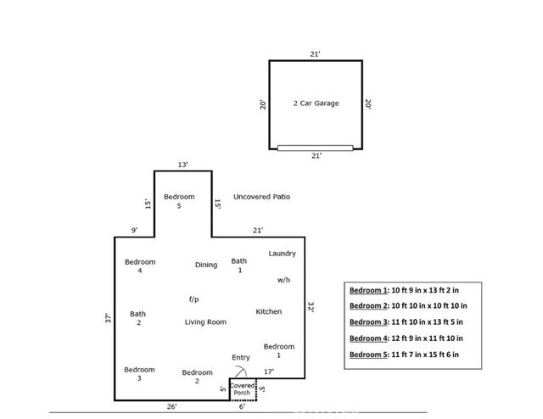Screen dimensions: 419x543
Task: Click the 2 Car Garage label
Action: tap(316, 103)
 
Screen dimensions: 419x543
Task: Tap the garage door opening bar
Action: tap(316, 148)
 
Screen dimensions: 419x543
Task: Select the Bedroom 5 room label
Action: tap(179, 202)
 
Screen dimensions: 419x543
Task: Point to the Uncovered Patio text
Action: tap(262, 197)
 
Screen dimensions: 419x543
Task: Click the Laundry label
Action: tap(282, 254)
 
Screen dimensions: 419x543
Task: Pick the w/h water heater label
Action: tap(283, 279)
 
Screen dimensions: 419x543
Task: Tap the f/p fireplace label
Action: tap(193, 299)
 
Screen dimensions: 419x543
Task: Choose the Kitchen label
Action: tap(269, 312)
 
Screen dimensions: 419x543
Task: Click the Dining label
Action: tap(206, 265)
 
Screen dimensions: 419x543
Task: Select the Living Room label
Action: tap(205, 322)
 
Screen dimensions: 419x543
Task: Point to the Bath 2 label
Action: tap(137, 319)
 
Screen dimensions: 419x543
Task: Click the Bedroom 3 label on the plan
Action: tap(139, 374)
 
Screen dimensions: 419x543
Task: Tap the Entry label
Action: tap(241, 358)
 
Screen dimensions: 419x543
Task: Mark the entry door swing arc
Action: tap(243, 372)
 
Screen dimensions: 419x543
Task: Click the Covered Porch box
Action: tap(242, 389)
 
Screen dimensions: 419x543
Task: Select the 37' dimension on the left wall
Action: tap(108, 320)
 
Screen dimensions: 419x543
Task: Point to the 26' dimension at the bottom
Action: tap(171, 407)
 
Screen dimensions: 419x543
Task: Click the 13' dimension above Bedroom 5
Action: tap(182, 165)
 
